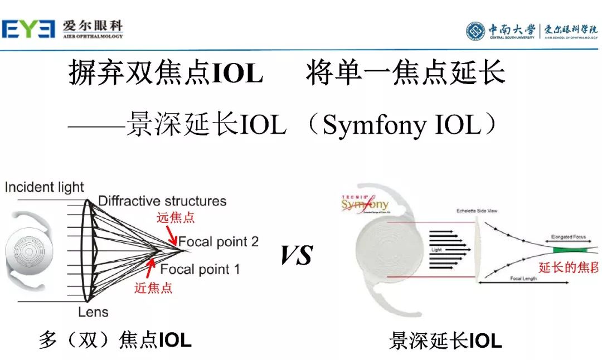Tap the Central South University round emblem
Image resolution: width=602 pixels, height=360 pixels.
coord(475,31)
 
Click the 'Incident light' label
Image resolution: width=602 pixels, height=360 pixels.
coord(44,187)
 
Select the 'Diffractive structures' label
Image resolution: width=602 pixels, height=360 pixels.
coord(162,201)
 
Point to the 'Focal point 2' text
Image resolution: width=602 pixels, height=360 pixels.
coord(219,242)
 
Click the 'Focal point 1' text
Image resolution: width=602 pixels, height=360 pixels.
coord(200,270)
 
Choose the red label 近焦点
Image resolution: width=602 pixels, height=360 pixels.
coord(153,288)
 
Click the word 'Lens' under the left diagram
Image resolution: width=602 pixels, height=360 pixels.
coord(93,312)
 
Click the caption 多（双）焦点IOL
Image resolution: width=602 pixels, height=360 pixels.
coord(115,339)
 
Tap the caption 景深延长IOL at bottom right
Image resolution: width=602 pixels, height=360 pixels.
coord(445,340)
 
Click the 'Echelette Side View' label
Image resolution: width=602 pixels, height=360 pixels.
coord(477,211)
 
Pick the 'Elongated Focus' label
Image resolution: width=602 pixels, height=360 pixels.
coord(568,237)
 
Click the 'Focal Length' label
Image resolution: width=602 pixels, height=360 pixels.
coord(523,278)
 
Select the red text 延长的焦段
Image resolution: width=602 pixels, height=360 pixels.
coord(569,267)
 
